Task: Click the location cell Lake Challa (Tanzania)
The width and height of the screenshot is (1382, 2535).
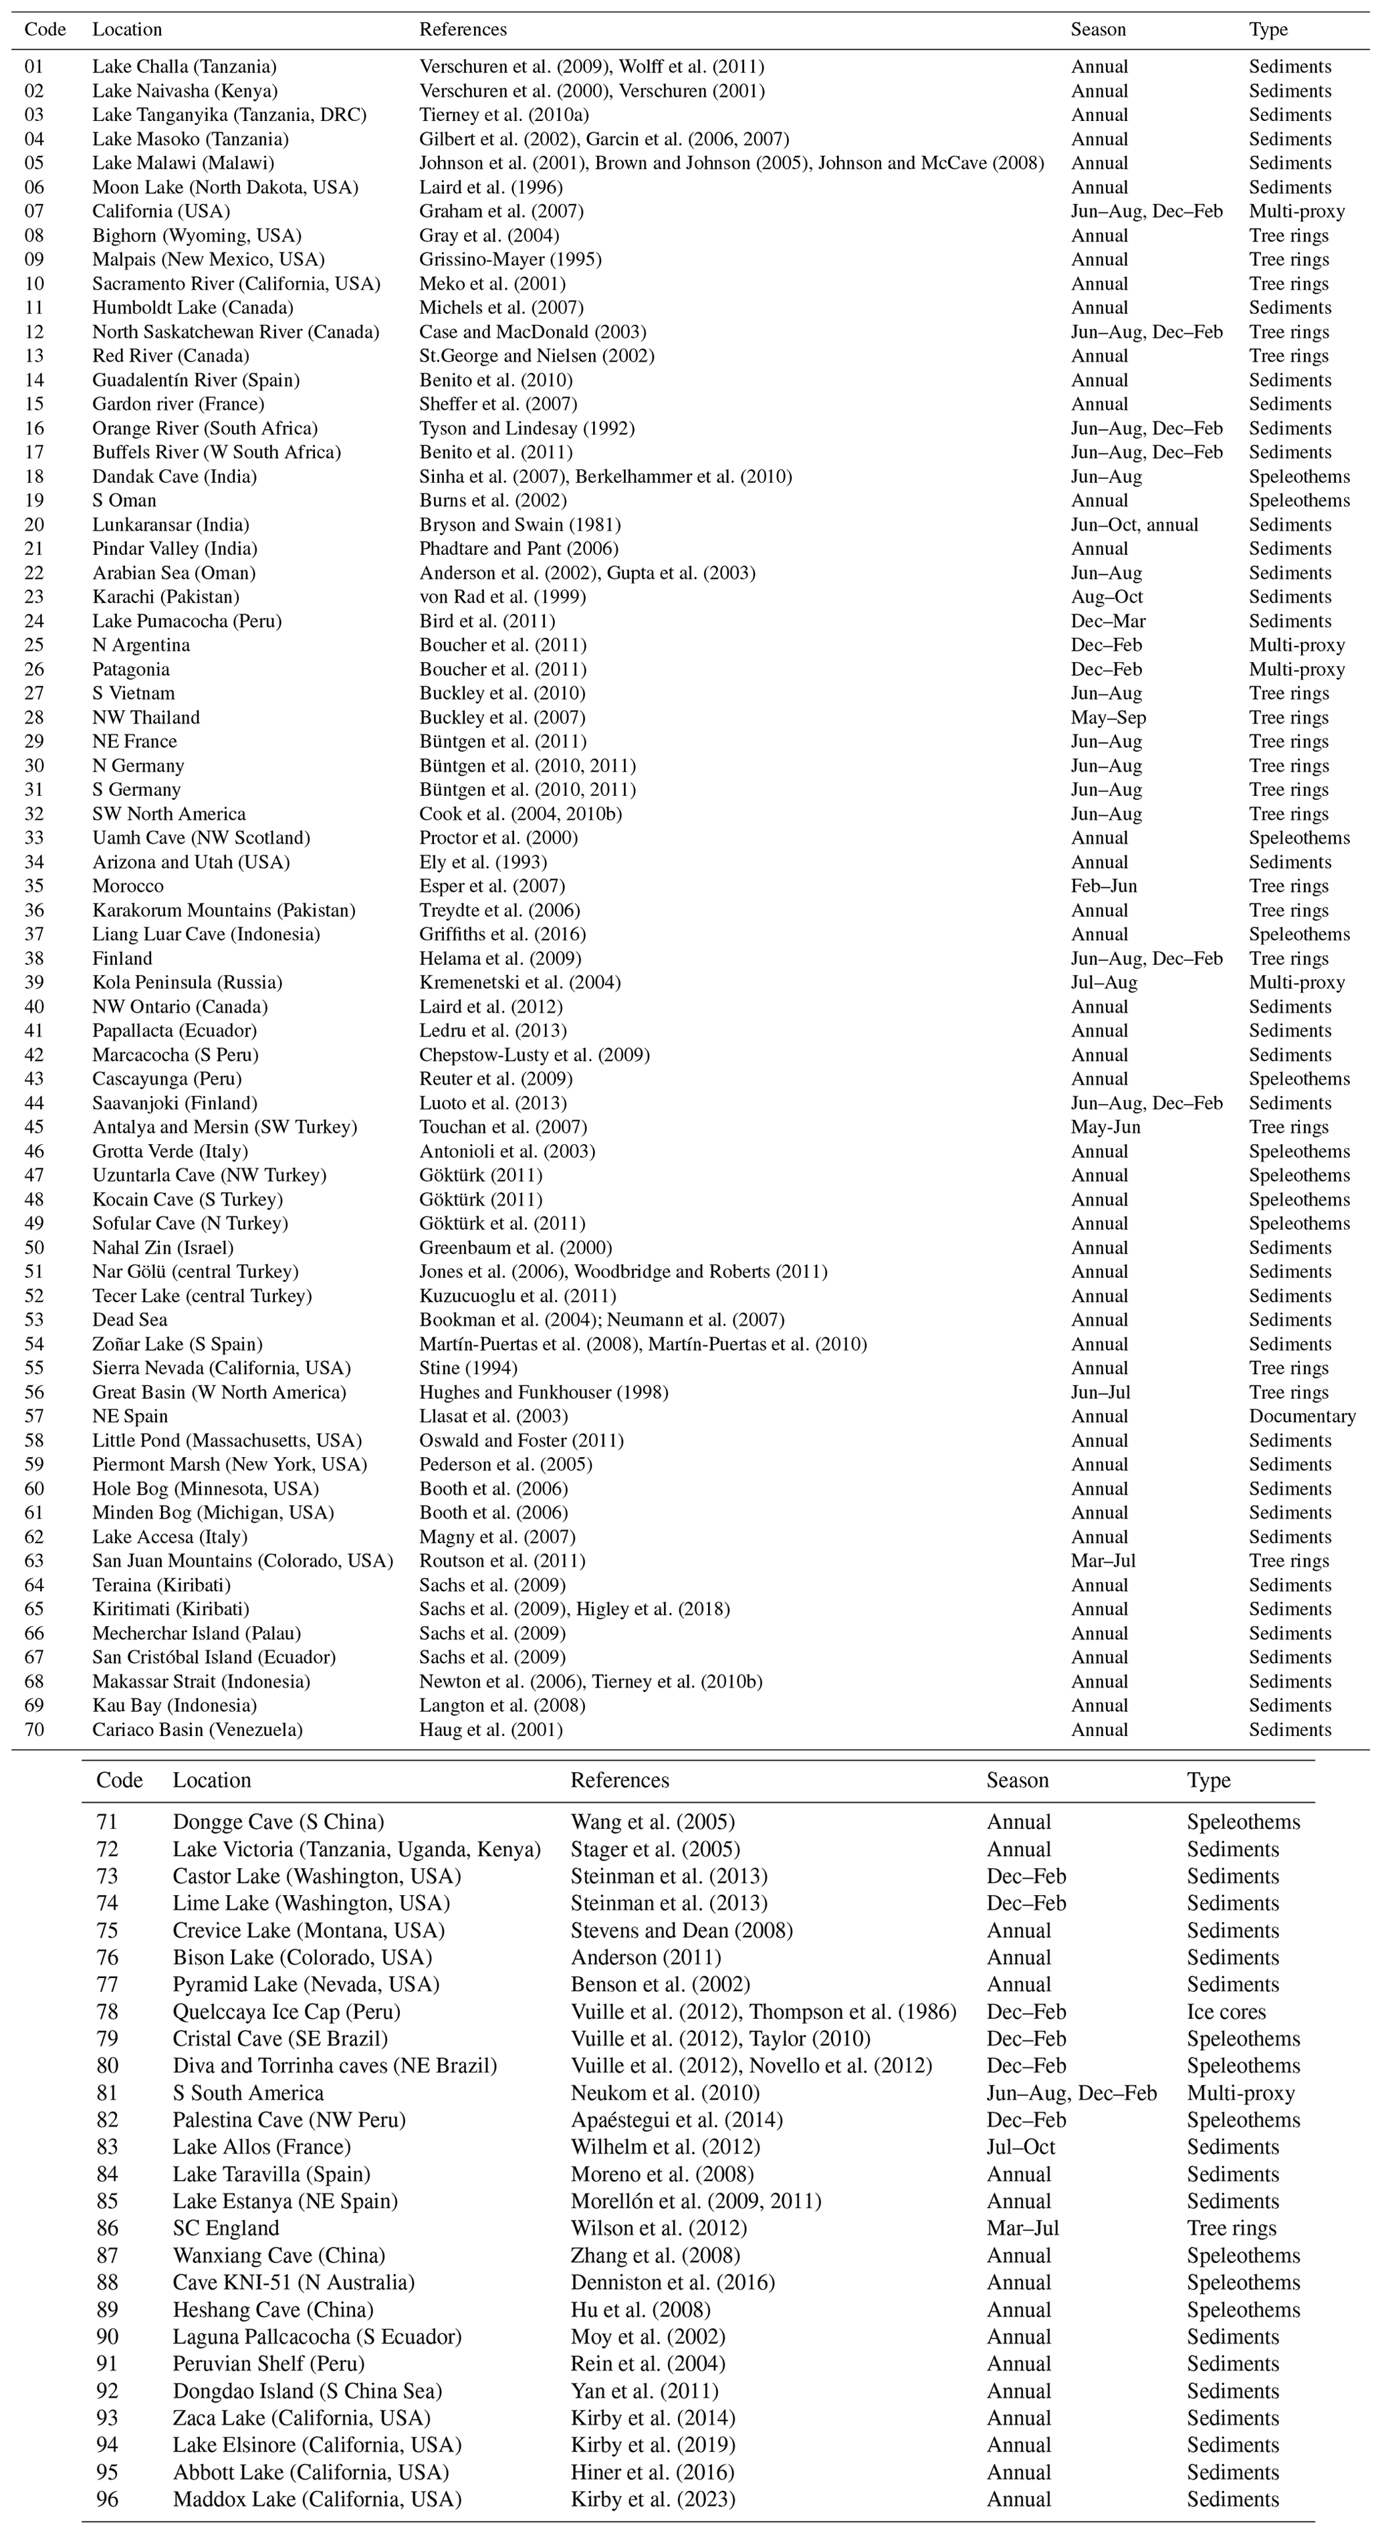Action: pos(184,67)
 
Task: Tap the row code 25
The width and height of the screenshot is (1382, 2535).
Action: pos(34,645)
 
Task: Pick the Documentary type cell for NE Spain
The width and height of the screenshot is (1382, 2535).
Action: pos(1301,1416)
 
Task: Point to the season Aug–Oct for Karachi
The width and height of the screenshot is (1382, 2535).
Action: pos(1107,597)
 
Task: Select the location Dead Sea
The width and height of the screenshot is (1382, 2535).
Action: pos(130,1319)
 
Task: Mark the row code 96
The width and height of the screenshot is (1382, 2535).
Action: pos(106,2499)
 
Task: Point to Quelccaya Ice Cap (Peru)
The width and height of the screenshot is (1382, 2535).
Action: pos(286,2011)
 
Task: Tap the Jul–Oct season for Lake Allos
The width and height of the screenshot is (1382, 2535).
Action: pos(1020,2147)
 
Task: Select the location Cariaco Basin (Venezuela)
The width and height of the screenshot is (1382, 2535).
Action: pos(197,1730)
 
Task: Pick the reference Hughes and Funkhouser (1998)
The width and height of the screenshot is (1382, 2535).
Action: pos(543,1392)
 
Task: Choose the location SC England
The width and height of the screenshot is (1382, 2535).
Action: pos(225,2228)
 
